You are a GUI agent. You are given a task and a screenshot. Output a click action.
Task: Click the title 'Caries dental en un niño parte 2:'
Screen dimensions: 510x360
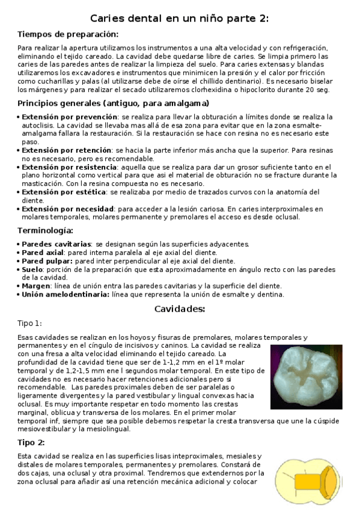[180, 19]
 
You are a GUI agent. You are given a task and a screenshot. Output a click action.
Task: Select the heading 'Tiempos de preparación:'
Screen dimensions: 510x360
[68, 34]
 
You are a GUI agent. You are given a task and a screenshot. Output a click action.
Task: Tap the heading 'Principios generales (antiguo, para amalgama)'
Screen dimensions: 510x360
[113, 103]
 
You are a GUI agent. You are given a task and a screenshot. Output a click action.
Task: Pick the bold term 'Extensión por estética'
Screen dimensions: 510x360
[63, 192]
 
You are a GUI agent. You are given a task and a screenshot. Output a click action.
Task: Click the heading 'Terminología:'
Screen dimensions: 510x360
[46, 230]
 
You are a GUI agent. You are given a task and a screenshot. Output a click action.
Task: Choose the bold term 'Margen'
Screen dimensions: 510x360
[35, 286]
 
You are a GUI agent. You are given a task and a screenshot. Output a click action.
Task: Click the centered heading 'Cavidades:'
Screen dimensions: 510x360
[180, 309]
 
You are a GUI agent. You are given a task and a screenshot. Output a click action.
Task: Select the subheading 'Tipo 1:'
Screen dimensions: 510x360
[30, 324]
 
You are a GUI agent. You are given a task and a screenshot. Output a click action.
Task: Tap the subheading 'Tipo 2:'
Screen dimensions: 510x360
[31, 442]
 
